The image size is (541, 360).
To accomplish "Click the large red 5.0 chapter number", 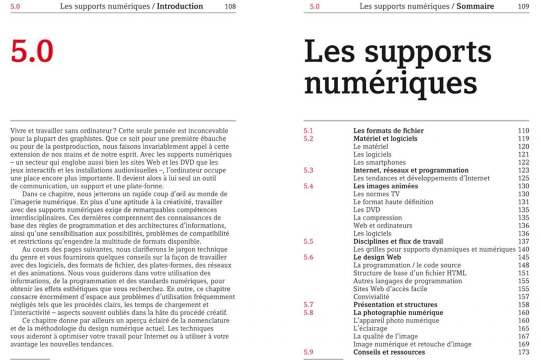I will (x=32, y=51).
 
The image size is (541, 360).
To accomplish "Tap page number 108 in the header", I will (x=230, y=6).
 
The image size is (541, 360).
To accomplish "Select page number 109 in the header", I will (x=523, y=6).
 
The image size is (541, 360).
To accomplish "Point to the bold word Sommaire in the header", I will (x=475, y=6).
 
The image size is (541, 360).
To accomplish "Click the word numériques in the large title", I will (x=391, y=84).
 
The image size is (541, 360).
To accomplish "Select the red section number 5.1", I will (x=309, y=131).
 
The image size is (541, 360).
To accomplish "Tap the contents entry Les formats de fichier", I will (x=388, y=131).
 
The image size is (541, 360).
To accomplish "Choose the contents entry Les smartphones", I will (x=379, y=163).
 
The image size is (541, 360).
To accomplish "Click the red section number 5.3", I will (x=309, y=170).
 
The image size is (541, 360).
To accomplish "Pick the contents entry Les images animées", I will (x=386, y=186).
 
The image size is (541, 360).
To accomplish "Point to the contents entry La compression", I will (x=378, y=217).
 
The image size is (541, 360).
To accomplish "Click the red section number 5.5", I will (x=309, y=241).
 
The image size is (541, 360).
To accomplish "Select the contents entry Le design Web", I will (x=377, y=257).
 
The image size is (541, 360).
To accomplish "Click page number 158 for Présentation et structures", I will (x=523, y=305).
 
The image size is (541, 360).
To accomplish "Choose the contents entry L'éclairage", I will (x=371, y=328).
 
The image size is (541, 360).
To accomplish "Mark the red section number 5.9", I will (x=309, y=352).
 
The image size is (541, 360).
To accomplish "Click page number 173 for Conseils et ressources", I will (x=523, y=352).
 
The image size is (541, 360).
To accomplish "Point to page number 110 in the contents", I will (x=523, y=131).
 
